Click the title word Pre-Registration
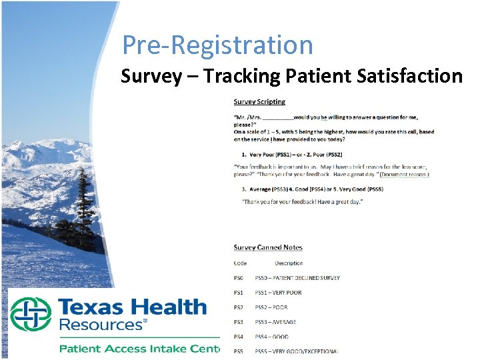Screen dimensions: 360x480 [217, 45]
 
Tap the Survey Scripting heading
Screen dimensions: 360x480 [259, 102]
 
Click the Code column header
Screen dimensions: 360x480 [240, 263]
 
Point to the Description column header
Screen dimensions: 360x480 [289, 263]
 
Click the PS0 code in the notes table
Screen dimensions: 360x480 [239, 278]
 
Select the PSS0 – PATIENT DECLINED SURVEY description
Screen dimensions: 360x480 [297, 278]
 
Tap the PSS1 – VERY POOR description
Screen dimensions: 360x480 [278, 293]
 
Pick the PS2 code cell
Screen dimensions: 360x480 [239, 307]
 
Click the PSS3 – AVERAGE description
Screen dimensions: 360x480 [275, 322]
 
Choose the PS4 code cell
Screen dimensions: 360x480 [239, 337]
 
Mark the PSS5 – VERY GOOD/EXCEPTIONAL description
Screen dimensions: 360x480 [297, 351]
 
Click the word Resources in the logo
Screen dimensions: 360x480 [101, 326]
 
